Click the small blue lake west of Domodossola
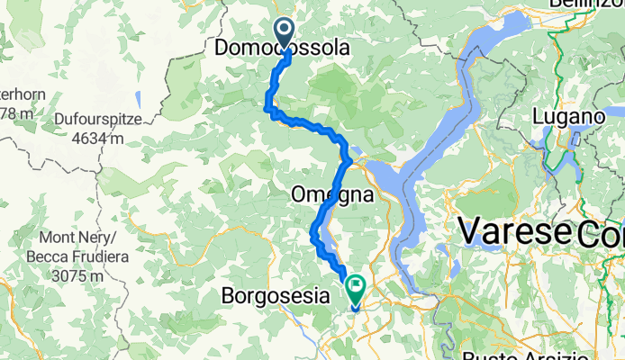coord(137,98)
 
